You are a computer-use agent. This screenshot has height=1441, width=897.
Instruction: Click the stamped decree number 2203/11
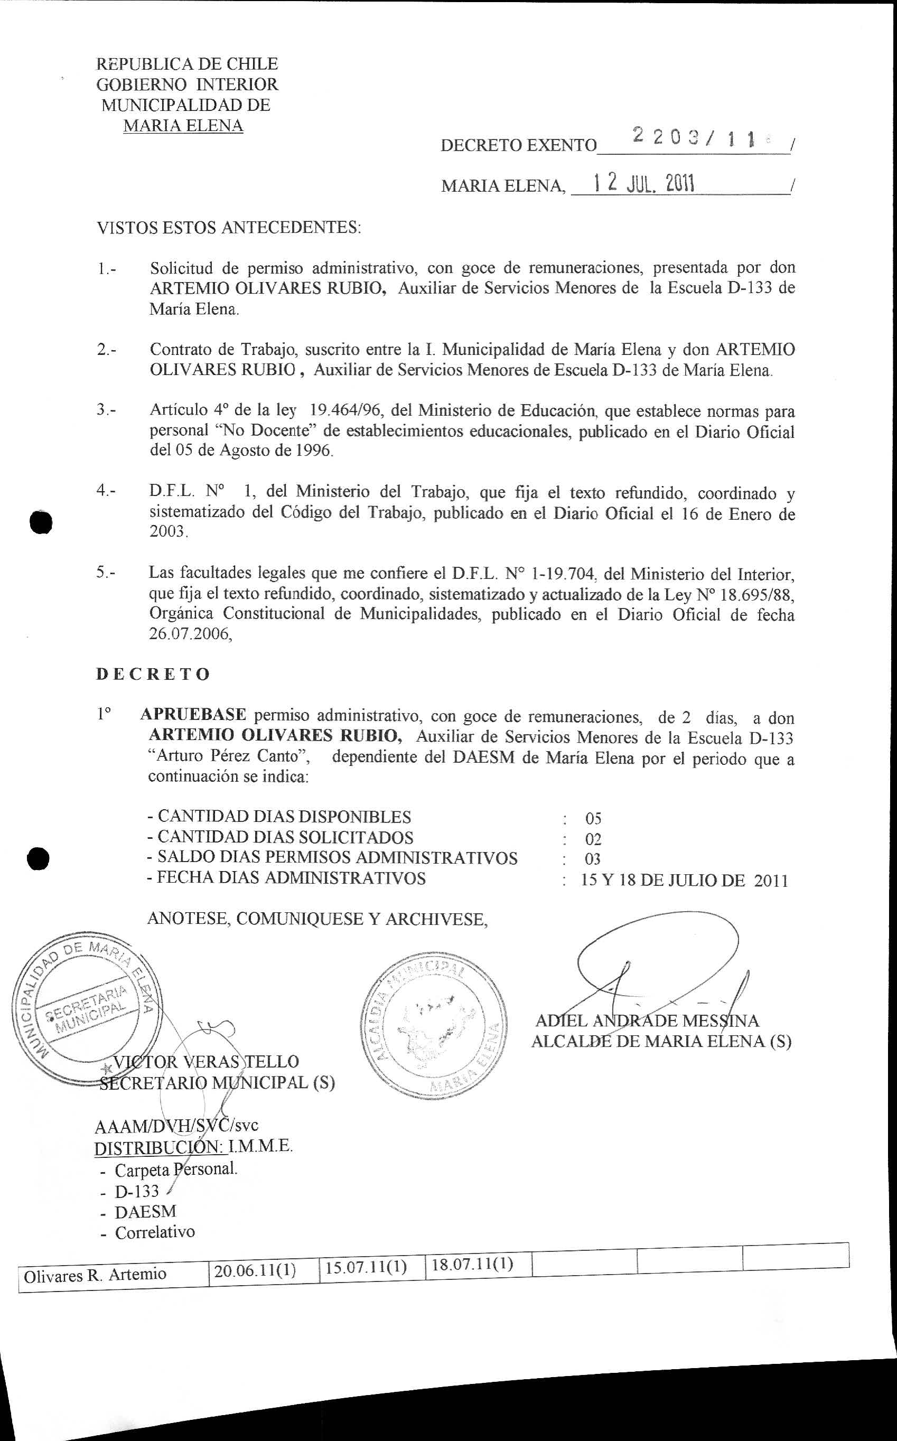694,138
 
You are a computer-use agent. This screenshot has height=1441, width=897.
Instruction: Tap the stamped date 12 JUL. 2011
643,183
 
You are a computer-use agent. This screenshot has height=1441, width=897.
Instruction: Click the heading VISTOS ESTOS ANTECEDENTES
228,227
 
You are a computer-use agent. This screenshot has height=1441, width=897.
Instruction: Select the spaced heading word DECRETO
153,674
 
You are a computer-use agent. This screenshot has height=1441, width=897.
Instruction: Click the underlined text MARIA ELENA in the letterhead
183,126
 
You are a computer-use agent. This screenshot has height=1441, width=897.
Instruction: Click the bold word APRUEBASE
193,714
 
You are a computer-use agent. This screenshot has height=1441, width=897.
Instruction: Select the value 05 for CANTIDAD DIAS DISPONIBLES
593,819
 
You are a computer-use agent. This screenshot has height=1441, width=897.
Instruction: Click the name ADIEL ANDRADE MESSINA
647,1021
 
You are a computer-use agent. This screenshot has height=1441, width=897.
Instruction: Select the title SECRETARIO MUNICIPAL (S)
217,1082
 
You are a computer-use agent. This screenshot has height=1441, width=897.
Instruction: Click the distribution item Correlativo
154,1232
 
